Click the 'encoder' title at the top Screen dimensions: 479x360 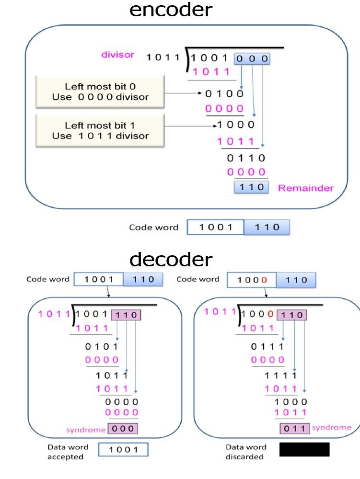[x=171, y=10]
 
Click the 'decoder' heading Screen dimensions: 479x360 [x=171, y=260]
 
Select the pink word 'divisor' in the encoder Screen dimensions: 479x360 [x=117, y=55]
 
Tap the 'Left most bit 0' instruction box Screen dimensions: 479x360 [x=100, y=91]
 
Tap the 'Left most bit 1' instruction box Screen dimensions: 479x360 [x=100, y=130]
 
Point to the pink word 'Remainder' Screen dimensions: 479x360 [x=306, y=188]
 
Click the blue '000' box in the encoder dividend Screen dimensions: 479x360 [x=252, y=59]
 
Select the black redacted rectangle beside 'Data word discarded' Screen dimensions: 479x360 [x=304, y=449]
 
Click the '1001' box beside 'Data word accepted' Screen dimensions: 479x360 [x=123, y=450]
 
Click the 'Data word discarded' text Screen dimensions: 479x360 [x=245, y=452]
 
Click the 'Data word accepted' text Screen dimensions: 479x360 [x=68, y=452]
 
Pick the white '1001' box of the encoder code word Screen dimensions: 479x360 [x=215, y=227]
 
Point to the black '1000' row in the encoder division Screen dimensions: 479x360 [x=235, y=125]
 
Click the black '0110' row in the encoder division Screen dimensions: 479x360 [x=246, y=158]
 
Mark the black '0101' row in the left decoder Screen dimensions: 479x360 [x=101, y=346]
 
